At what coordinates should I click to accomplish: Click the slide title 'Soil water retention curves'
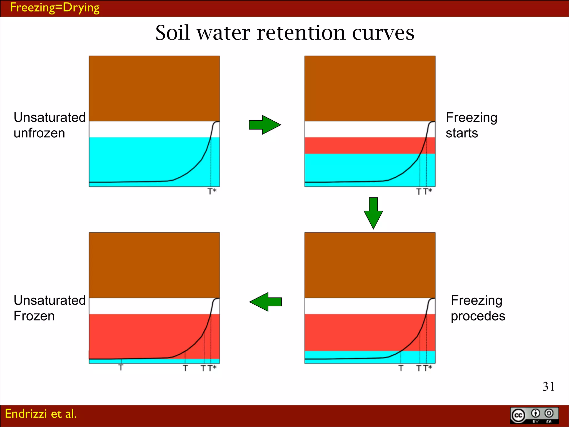[x=284, y=33]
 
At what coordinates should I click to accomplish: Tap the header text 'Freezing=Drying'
[x=55, y=8]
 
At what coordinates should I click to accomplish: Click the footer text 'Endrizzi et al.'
[x=41, y=414]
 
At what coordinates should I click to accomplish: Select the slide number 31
[x=548, y=386]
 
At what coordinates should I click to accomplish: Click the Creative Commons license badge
[x=534, y=416]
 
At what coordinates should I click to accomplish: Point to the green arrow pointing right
[x=265, y=125]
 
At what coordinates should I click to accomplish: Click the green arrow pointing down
[x=373, y=213]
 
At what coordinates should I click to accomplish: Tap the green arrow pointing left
[x=265, y=302]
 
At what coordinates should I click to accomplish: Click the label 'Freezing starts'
[x=471, y=125]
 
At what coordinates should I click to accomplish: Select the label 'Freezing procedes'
[x=478, y=308]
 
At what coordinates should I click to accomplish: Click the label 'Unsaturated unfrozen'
[x=49, y=125]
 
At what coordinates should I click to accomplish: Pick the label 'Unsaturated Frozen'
[x=49, y=308]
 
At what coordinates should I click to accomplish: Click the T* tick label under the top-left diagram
[x=212, y=191]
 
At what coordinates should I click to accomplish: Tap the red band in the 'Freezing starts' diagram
[x=361, y=145]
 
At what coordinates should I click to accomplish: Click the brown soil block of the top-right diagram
[x=370, y=88]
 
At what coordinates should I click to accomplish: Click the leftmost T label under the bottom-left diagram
[x=121, y=368]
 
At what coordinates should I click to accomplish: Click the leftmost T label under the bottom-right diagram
[x=401, y=368]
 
